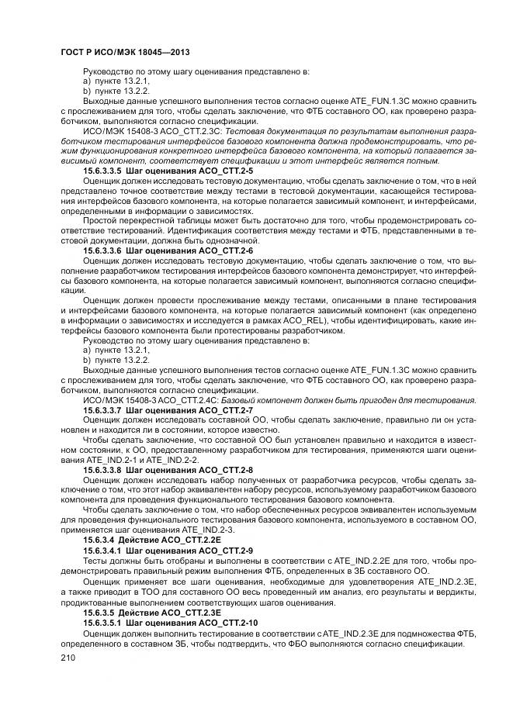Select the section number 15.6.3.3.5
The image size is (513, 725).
click(102, 171)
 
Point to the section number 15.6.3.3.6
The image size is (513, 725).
click(102, 251)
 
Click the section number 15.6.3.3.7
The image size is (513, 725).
click(102, 409)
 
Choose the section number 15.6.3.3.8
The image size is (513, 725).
click(102, 470)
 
